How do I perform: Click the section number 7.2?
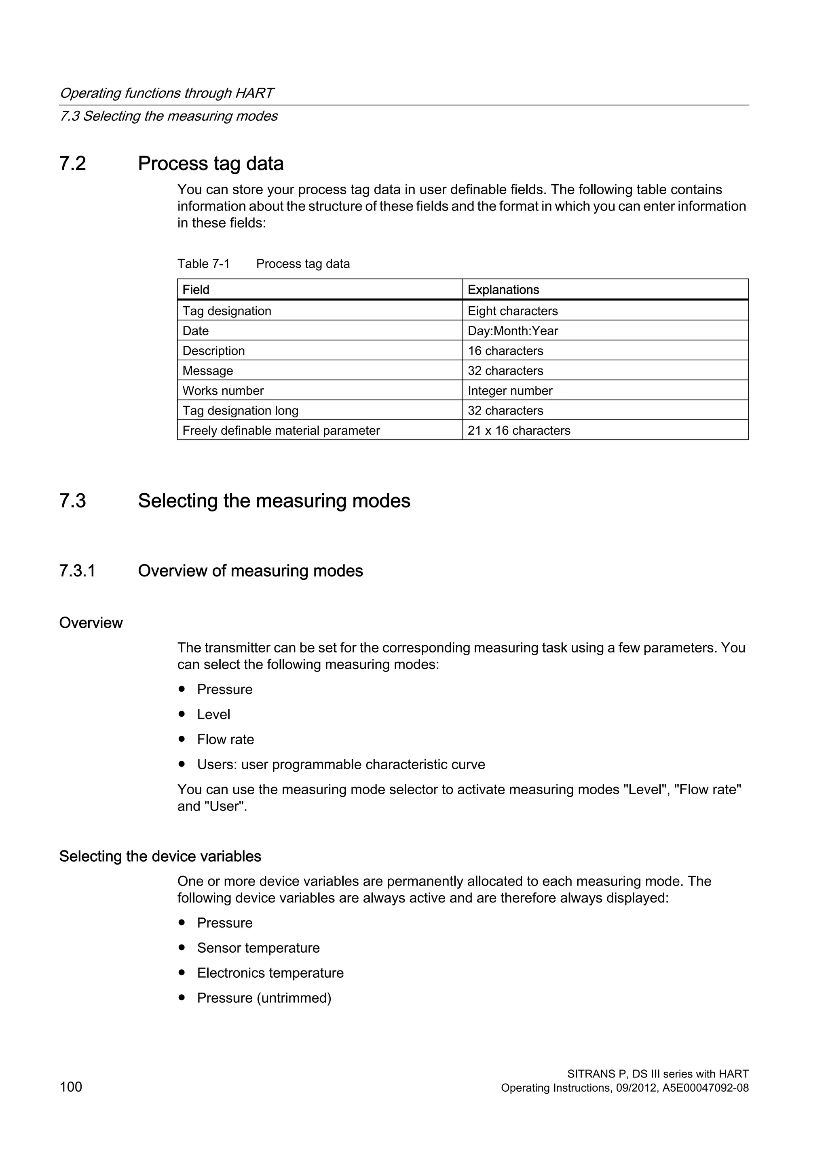click(72, 164)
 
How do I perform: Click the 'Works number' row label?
click(223, 390)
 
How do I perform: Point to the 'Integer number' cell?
click(510, 390)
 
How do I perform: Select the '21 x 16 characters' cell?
click(519, 430)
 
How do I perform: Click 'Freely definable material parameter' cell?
click(281, 430)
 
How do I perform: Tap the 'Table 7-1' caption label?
click(203, 263)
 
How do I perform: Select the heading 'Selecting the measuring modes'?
click(274, 501)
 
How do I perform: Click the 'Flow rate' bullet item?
click(225, 739)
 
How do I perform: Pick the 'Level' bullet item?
click(213, 714)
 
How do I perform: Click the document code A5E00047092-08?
click(705, 1088)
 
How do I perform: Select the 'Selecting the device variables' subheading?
click(160, 856)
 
